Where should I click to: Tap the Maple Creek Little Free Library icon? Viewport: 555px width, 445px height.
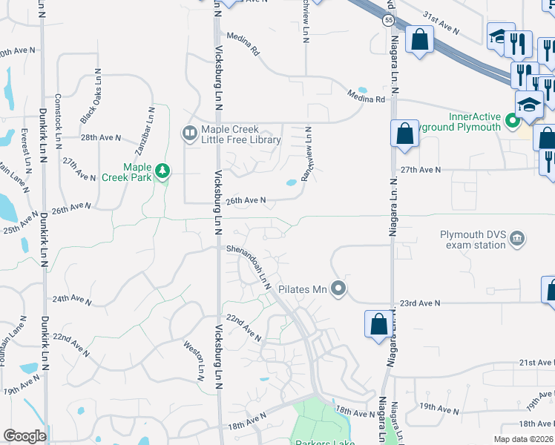click(188, 133)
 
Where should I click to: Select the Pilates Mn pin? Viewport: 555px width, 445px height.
click(339, 288)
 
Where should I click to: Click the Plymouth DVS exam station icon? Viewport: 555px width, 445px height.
click(518, 239)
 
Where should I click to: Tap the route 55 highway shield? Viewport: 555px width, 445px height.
click(389, 21)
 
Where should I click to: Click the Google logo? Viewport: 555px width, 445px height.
click(24, 436)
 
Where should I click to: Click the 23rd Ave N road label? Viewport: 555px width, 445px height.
click(420, 303)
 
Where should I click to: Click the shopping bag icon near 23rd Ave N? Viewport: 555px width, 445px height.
click(378, 323)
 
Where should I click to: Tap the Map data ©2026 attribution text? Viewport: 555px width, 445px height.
click(524, 439)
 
